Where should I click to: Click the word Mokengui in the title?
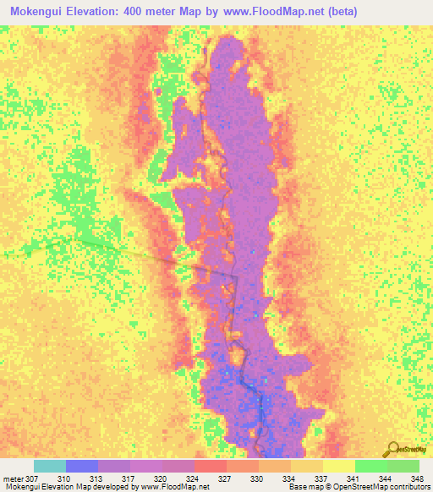point(42,12)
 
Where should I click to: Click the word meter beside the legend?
point(14,478)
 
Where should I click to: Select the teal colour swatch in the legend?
point(50,466)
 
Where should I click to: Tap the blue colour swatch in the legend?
point(82,466)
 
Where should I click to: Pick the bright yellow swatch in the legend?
point(339,466)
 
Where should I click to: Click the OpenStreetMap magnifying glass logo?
point(392,448)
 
